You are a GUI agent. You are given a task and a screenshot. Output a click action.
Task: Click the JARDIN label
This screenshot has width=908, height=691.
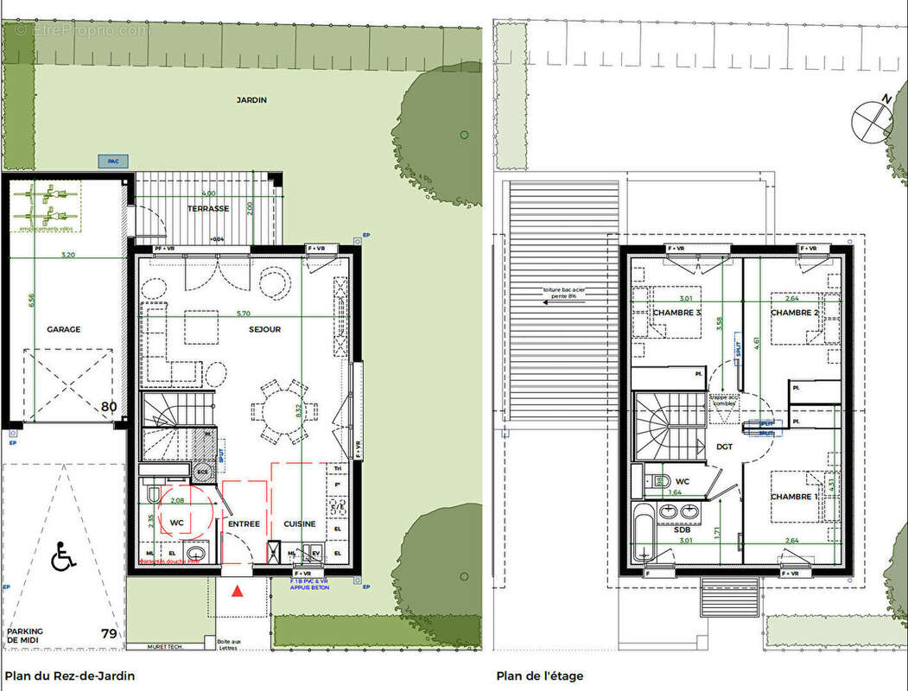tap(251, 100)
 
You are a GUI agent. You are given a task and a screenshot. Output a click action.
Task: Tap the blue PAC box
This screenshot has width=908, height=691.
tap(112, 161)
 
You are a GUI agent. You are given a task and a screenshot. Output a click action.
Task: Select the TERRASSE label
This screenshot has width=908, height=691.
tap(208, 209)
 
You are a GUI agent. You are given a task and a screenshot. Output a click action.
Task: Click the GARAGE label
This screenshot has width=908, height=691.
tap(64, 329)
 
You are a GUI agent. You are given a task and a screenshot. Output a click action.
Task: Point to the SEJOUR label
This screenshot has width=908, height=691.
tap(265, 329)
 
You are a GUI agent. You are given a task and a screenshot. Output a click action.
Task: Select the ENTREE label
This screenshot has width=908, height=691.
tap(244, 524)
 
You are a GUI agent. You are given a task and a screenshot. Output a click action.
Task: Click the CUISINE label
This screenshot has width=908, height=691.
tap(300, 524)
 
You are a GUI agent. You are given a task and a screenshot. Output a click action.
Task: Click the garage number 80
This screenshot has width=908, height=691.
tap(109, 407)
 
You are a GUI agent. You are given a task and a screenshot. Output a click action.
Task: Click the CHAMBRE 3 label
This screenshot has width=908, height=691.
tap(677, 313)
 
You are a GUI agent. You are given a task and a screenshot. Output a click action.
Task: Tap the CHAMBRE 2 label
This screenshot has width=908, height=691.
tap(794, 313)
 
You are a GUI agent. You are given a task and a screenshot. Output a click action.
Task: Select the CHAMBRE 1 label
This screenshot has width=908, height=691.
tap(792, 497)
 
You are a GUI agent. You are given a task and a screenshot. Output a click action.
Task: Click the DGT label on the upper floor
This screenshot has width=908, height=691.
tap(724, 447)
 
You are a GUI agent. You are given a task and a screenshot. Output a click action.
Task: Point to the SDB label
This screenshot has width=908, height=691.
tap(683, 529)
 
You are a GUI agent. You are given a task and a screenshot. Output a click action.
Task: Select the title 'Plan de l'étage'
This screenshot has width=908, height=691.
tap(541, 675)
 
